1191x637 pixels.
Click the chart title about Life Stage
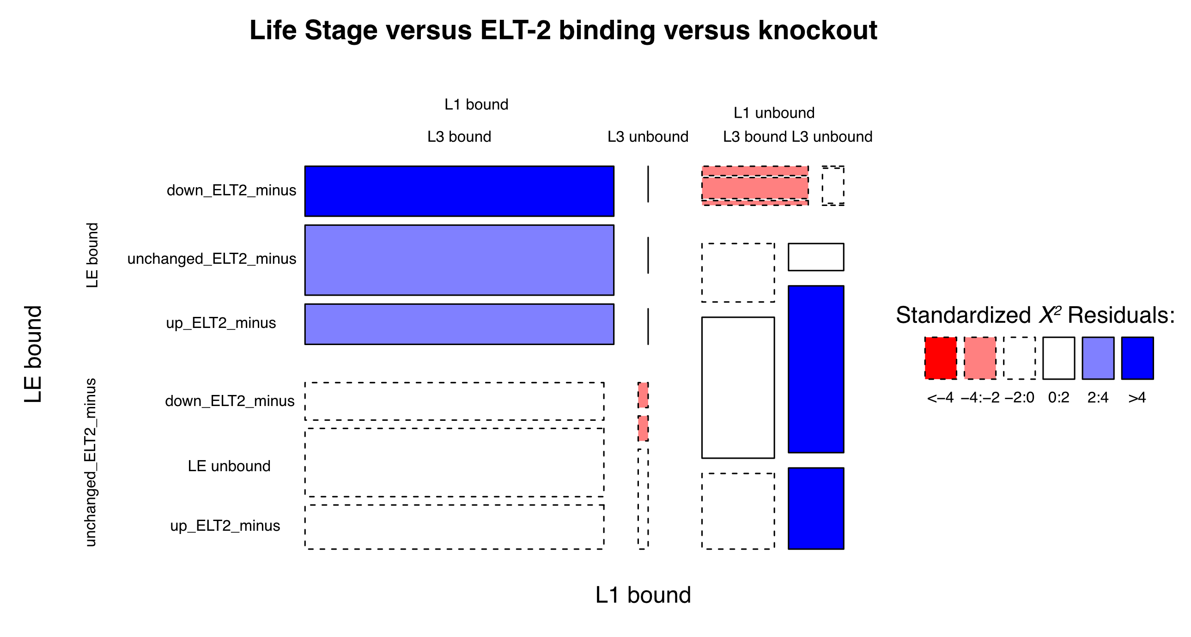click(563, 30)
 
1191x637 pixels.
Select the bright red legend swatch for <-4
click(941, 358)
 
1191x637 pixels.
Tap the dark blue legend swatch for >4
click(1137, 358)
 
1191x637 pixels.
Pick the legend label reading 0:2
click(1058, 398)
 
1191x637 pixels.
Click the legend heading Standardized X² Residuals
click(1035, 315)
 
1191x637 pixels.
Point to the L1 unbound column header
click(774, 113)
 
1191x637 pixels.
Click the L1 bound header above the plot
click(476, 104)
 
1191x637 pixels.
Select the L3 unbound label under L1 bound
click(648, 137)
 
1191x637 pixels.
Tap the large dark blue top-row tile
click(459, 191)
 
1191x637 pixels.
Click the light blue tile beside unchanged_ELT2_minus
click(459, 260)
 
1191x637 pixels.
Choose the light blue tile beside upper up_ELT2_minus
click(459, 324)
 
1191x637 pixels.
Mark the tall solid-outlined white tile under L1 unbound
click(738, 388)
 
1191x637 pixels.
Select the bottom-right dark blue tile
click(816, 509)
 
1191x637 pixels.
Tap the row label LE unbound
click(229, 466)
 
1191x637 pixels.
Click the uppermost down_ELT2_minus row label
click(231, 190)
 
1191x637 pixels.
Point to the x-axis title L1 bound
click(643, 595)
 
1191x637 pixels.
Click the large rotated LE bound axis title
click(33, 354)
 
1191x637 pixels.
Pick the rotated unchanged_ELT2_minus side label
click(91, 462)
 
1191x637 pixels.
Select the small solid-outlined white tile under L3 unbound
click(816, 257)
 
